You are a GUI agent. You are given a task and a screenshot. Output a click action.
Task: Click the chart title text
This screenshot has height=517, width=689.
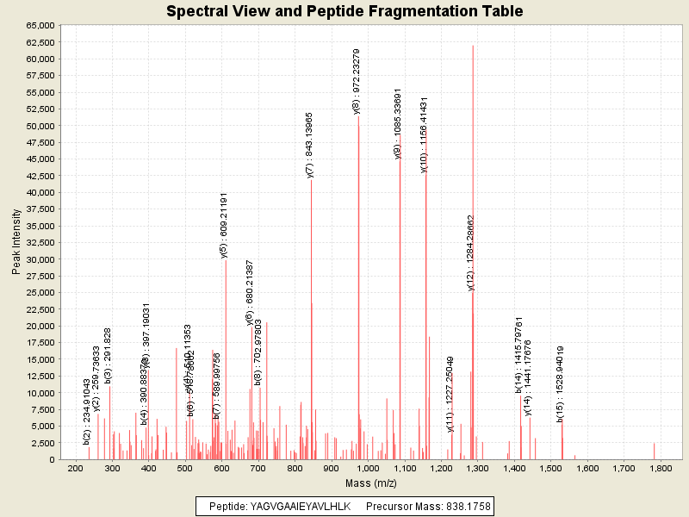tap(344, 11)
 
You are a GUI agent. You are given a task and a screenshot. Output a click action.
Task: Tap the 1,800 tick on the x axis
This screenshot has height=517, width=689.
tap(661, 469)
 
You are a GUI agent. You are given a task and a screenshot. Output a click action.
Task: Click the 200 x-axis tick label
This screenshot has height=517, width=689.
tap(76, 469)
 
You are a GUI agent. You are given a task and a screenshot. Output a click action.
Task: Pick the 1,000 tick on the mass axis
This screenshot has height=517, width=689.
tap(368, 469)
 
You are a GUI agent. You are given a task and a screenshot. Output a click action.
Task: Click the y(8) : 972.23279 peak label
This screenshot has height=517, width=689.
tap(357, 81)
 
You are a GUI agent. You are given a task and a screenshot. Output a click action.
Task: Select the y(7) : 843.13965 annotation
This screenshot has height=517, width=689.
tap(310, 145)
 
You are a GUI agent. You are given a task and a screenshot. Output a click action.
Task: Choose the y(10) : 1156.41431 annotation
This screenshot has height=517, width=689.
tap(424, 134)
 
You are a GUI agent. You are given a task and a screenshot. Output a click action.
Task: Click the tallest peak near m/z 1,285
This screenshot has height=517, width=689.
tap(473, 52)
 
